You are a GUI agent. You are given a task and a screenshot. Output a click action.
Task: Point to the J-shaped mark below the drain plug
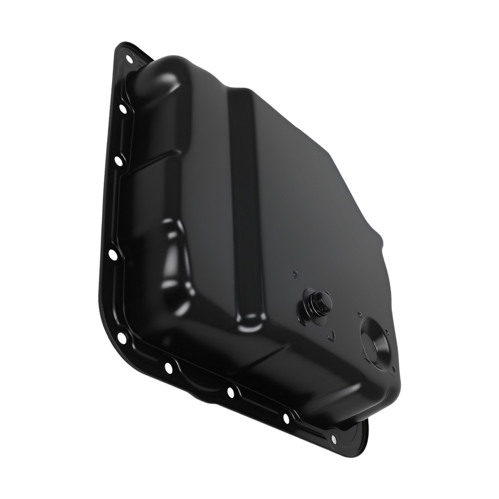(330, 337)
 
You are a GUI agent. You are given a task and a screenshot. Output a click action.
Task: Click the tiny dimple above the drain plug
(295, 273)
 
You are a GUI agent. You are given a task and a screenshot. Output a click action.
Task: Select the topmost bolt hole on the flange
(129, 59)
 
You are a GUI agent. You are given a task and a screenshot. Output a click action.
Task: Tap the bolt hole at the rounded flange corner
(122, 338)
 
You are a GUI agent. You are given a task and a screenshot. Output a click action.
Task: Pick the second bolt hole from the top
(123, 108)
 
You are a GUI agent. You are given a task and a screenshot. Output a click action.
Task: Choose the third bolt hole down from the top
(118, 161)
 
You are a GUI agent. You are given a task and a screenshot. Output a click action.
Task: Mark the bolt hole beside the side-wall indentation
(113, 255)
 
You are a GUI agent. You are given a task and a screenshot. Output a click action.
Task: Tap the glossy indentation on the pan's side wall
(175, 259)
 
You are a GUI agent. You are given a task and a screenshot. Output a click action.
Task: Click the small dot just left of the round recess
(359, 315)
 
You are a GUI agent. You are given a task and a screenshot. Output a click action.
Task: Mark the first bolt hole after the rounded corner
(168, 368)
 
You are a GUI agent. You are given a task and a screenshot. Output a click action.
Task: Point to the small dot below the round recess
(394, 370)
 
